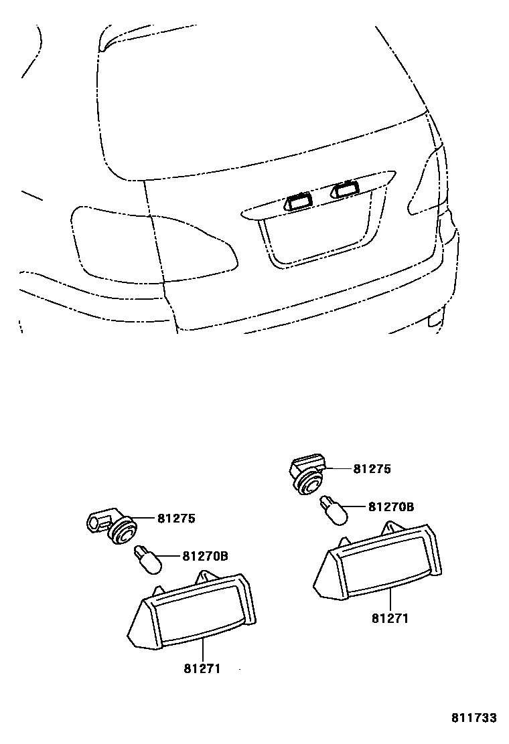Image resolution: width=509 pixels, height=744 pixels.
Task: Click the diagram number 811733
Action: (x=474, y=718)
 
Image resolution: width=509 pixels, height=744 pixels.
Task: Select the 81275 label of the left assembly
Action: (x=176, y=518)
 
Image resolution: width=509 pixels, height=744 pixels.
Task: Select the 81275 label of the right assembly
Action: (x=372, y=469)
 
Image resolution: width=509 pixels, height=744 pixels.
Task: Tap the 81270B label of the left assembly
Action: (x=205, y=555)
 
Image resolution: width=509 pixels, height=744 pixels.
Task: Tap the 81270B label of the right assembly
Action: (x=391, y=507)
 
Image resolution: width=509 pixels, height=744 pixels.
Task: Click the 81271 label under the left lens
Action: (x=202, y=668)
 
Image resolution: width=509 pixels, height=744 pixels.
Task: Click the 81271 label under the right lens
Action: (x=390, y=618)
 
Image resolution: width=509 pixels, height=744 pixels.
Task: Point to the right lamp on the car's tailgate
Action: (x=345, y=190)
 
